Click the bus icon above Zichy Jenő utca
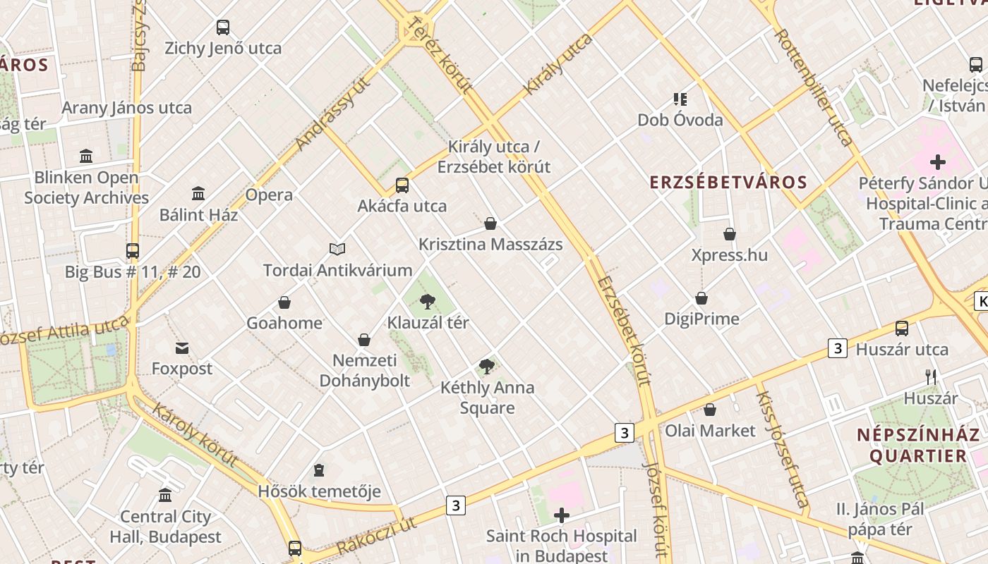[x=223, y=27]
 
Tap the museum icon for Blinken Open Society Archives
[x=86, y=156]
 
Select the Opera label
[x=269, y=195]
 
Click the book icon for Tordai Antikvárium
[x=337, y=249]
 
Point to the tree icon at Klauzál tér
[x=428, y=302]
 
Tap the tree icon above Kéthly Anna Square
[x=486, y=367]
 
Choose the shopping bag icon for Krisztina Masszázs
[x=490, y=223]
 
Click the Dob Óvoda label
[x=680, y=120]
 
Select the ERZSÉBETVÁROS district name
[x=728, y=182]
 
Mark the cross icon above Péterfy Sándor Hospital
[x=937, y=162]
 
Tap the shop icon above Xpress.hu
[x=729, y=234]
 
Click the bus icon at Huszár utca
[x=901, y=328]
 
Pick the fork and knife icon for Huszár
[x=931, y=377]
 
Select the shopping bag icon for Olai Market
[x=710, y=410]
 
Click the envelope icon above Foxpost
[x=182, y=348]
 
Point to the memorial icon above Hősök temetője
[x=319, y=470]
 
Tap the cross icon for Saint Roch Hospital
[x=562, y=516]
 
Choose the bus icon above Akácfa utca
[x=402, y=185]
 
